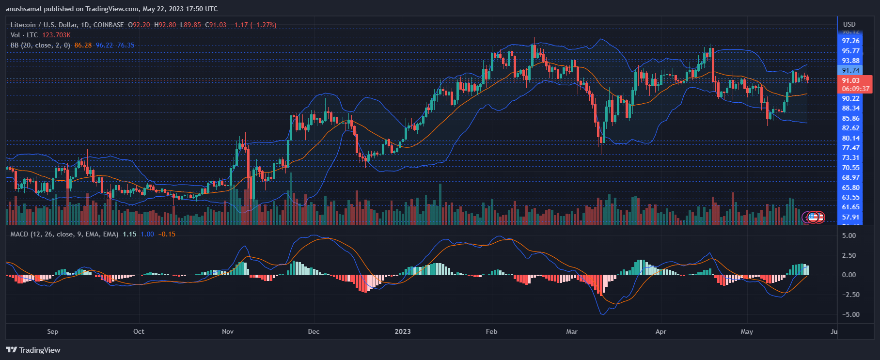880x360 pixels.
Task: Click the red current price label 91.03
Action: pos(850,80)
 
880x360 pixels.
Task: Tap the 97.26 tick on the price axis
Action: pos(850,41)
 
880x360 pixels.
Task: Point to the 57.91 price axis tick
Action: pos(850,217)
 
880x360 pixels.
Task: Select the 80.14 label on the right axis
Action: pos(850,138)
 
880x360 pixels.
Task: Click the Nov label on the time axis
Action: pos(227,331)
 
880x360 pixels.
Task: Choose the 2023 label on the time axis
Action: pos(402,331)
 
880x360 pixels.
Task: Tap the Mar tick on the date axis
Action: pos(571,331)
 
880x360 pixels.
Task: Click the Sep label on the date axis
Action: pos(53,331)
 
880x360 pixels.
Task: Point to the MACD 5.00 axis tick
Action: pos(849,235)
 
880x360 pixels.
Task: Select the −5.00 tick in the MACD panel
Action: pos(849,314)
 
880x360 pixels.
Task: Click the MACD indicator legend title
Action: pos(64,234)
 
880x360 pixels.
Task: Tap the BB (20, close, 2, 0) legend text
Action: pos(40,45)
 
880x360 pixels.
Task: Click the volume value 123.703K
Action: pos(56,35)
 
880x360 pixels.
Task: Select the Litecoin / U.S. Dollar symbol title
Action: pos(67,25)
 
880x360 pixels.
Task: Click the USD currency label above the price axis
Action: pos(849,24)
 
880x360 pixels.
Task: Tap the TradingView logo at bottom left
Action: pos(33,350)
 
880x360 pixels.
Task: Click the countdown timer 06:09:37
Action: pos(855,89)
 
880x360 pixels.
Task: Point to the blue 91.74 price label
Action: pos(850,70)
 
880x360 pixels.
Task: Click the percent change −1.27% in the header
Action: pos(264,25)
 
